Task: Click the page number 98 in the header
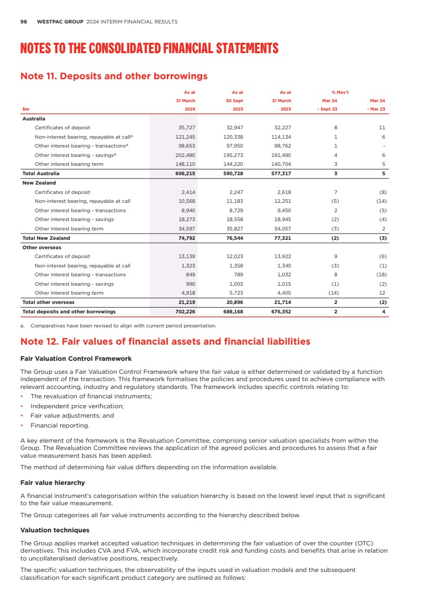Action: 23,22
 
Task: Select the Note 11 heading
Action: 114,76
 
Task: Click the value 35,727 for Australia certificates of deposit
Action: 186,128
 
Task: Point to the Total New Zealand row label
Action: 46,238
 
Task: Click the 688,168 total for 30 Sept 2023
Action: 232,312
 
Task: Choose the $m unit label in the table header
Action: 26,109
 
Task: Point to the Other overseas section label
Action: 42,247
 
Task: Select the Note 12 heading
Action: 165,342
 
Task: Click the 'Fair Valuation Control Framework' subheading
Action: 76,359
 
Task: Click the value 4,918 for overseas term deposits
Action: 188,293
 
